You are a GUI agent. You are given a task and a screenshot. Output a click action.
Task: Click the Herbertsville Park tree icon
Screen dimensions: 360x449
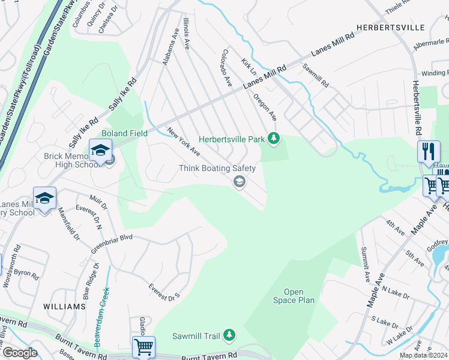[x=274, y=139]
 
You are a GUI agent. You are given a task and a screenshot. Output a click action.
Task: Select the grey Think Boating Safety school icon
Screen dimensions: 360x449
[x=239, y=182]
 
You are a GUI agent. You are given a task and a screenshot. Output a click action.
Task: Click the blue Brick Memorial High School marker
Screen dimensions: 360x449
[x=100, y=149]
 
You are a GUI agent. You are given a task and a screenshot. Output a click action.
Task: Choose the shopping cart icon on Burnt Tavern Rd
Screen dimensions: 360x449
[x=143, y=346]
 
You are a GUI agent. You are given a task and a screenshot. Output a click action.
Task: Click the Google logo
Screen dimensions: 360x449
[x=19, y=353]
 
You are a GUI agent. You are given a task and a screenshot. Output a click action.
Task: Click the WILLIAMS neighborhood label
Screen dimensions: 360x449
[x=65, y=307]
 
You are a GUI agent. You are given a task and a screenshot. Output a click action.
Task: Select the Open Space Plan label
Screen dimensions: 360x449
[x=294, y=296]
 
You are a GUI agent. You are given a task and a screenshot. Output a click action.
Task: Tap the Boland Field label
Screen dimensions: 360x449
[x=125, y=133]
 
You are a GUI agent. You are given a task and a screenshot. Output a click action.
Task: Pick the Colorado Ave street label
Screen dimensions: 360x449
[x=227, y=67]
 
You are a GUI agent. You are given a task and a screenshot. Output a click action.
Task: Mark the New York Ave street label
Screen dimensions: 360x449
[x=183, y=142]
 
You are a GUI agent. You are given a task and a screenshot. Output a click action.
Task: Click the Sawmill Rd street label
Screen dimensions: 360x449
[x=315, y=76]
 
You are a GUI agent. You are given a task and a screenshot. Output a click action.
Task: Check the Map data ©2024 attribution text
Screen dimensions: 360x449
[x=424, y=355]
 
